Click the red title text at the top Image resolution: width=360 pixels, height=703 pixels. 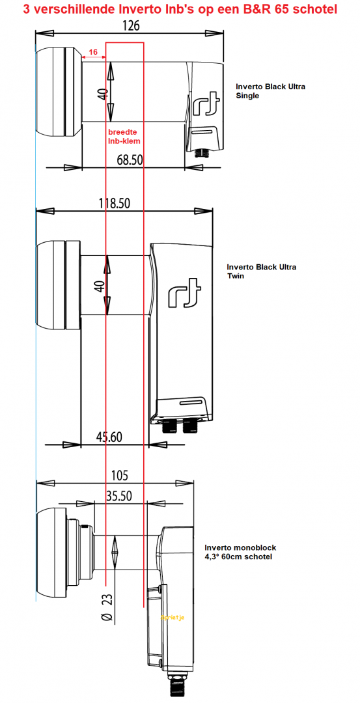pos(180,9)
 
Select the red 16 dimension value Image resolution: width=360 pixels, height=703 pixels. pos(93,51)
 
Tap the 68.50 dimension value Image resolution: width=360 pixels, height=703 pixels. pos(130,159)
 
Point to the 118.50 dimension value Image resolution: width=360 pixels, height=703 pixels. pos(114,203)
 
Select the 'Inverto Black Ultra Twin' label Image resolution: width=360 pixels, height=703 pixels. pos(261,271)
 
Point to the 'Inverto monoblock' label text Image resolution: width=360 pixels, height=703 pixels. pos(238,548)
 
